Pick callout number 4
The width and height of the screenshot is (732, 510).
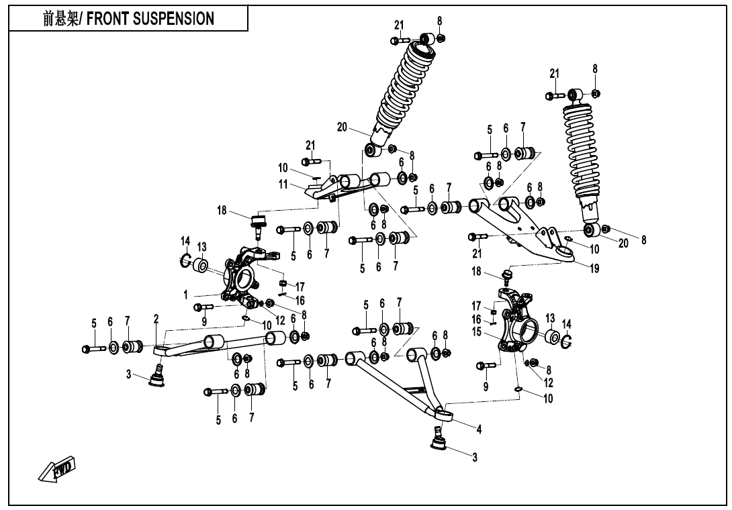pos(479,429)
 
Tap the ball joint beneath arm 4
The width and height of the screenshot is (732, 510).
pos(440,440)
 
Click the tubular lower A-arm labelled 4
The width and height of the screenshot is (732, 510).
pos(396,382)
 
